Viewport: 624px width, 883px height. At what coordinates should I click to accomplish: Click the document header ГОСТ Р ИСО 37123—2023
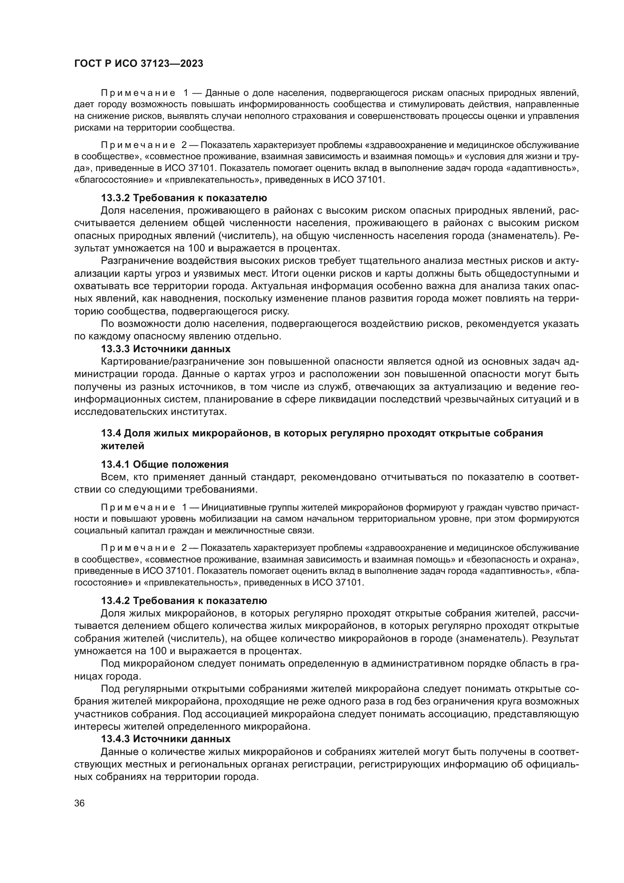138,64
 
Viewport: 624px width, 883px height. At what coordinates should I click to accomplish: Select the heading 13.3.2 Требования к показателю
184,198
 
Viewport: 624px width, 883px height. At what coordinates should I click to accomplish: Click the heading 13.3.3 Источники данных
166,349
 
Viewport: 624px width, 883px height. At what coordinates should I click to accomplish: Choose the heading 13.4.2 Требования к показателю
184,600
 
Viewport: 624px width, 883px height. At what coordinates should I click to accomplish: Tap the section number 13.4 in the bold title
111,433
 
